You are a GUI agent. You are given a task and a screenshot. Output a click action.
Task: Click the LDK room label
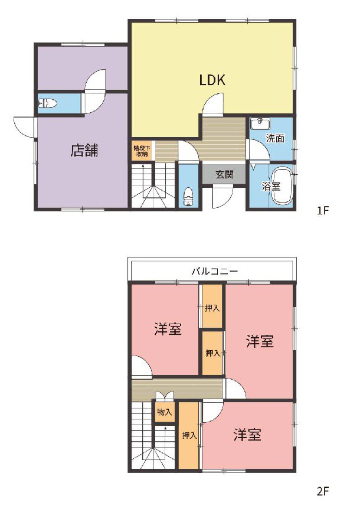(212, 80)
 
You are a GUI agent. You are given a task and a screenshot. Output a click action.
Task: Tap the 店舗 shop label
(84, 151)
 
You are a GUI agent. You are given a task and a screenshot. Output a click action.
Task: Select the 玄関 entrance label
(224, 174)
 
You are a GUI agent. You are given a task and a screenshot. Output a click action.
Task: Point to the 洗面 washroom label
(275, 138)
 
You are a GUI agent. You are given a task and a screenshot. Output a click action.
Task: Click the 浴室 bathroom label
(271, 186)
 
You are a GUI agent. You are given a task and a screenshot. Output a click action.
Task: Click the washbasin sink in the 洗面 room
(260, 123)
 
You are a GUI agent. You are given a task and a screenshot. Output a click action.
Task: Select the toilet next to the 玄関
(189, 197)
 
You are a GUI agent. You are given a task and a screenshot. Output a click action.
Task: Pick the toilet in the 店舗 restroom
(48, 103)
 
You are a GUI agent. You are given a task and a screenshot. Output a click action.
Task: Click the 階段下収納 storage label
(142, 151)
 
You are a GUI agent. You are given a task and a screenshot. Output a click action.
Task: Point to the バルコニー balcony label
(214, 271)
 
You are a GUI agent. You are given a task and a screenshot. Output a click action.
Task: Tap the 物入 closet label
(164, 412)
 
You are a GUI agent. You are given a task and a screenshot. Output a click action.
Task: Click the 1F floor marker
(323, 211)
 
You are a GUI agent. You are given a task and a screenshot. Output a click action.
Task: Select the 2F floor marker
(323, 491)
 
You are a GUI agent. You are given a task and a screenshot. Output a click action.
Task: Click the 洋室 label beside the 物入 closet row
(247, 435)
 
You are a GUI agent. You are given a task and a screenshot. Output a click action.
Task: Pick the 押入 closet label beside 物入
(189, 435)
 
